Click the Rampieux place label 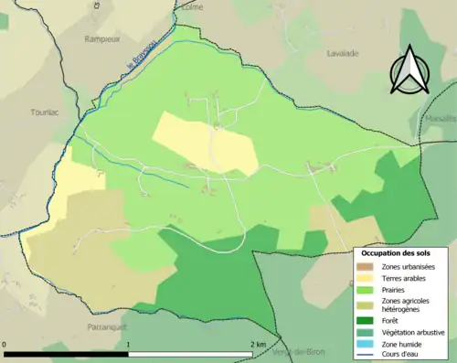coord(103,38)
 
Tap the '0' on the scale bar coord(6,344)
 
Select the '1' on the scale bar coord(128,344)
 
